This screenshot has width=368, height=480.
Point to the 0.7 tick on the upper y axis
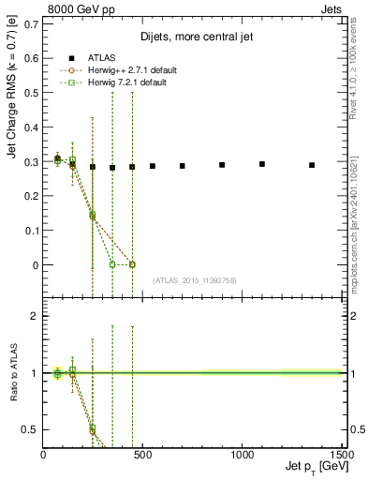tap(33, 23)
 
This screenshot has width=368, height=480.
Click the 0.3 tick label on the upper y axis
tap(33, 161)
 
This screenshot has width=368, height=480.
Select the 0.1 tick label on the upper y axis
tap(33, 231)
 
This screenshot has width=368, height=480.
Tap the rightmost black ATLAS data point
tap(312, 165)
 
